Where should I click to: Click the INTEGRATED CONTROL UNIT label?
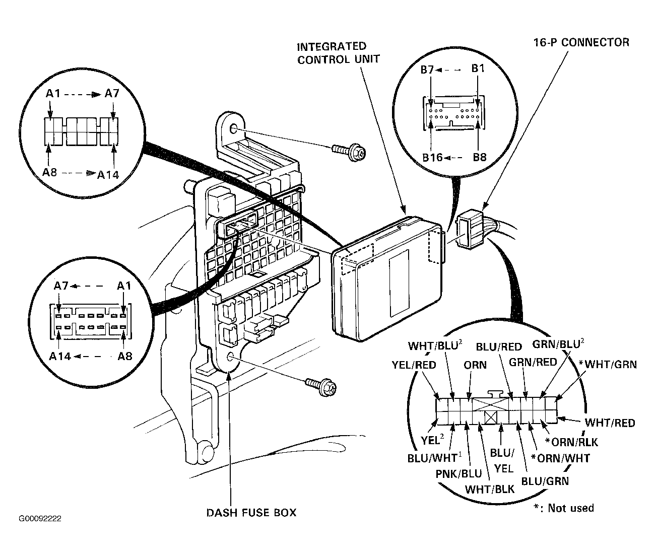coord(338,53)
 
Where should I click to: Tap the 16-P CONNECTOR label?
coord(581,42)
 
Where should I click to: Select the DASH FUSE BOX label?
coord(251,513)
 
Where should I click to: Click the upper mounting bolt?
coord(349,152)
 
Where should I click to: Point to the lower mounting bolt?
coord(320,387)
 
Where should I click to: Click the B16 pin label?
coord(432,157)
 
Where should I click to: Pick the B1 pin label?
coord(478,68)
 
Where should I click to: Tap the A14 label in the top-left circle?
coord(108,175)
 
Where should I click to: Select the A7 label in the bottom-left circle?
coord(61,286)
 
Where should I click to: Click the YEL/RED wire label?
coord(414,365)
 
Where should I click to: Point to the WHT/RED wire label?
coord(610,423)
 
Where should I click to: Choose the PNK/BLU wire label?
coord(458,474)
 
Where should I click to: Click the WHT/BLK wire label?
coord(490,490)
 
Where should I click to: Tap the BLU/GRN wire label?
coord(545,481)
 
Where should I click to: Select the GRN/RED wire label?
coord(533,362)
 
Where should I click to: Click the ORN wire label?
coord(475,365)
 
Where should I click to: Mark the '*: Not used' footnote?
coord(563,508)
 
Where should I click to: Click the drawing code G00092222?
coord(40,519)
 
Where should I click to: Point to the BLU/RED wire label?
coord(499,347)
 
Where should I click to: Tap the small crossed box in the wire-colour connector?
coord(491,418)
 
